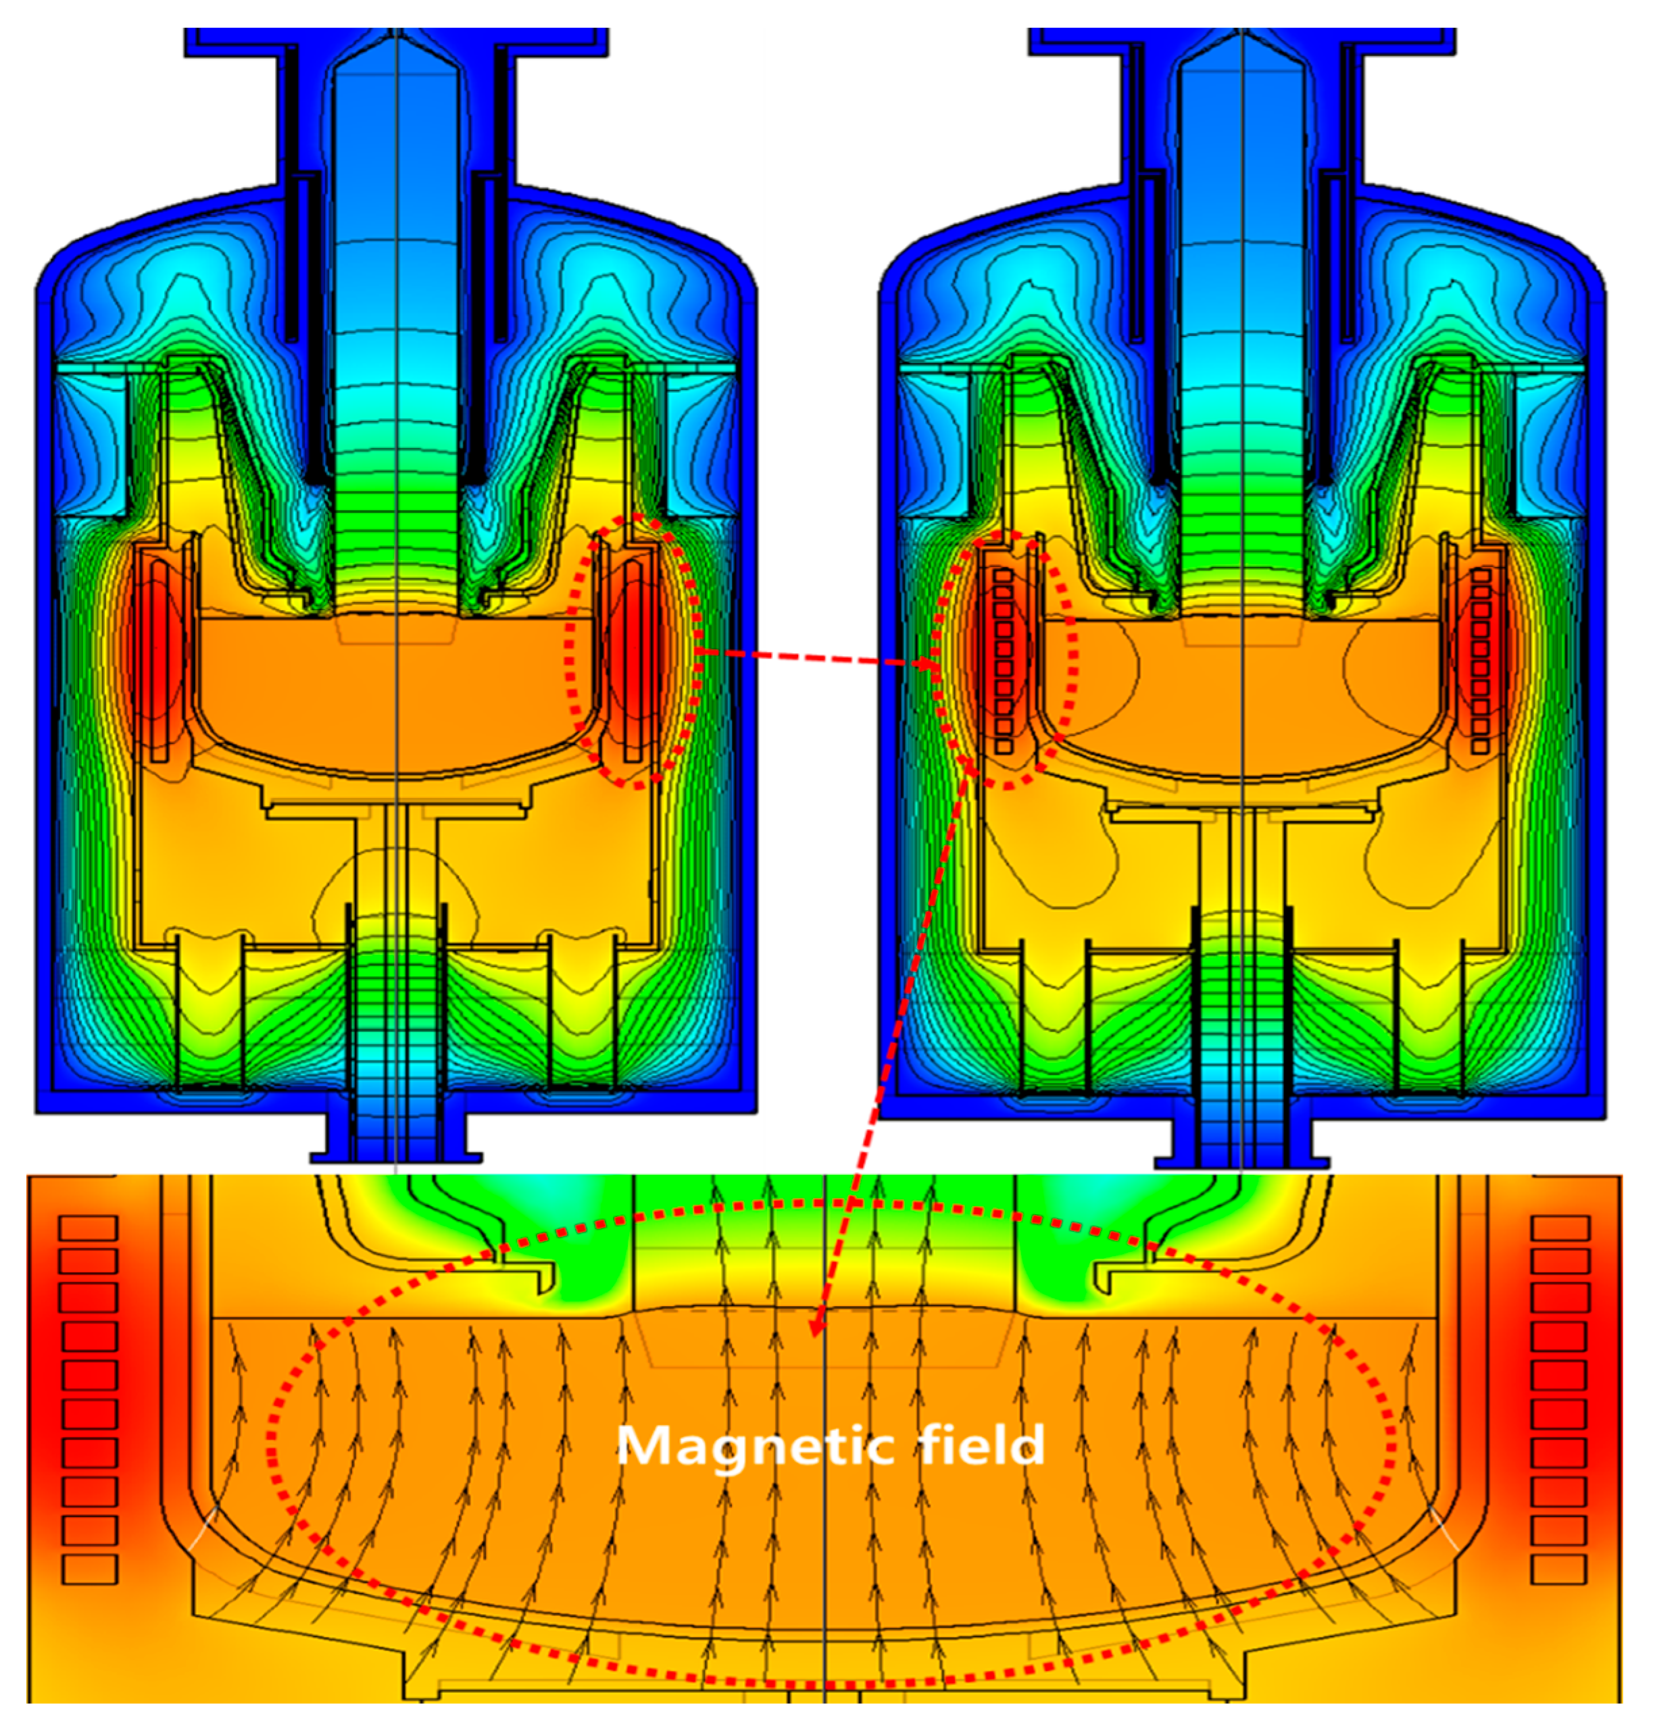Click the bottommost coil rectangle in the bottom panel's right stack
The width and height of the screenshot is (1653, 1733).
1560,1569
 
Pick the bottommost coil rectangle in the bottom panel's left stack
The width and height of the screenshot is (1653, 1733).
89,1569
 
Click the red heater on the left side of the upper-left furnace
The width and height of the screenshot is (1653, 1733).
159,656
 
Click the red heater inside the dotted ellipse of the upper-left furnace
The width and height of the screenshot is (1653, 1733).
633,656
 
